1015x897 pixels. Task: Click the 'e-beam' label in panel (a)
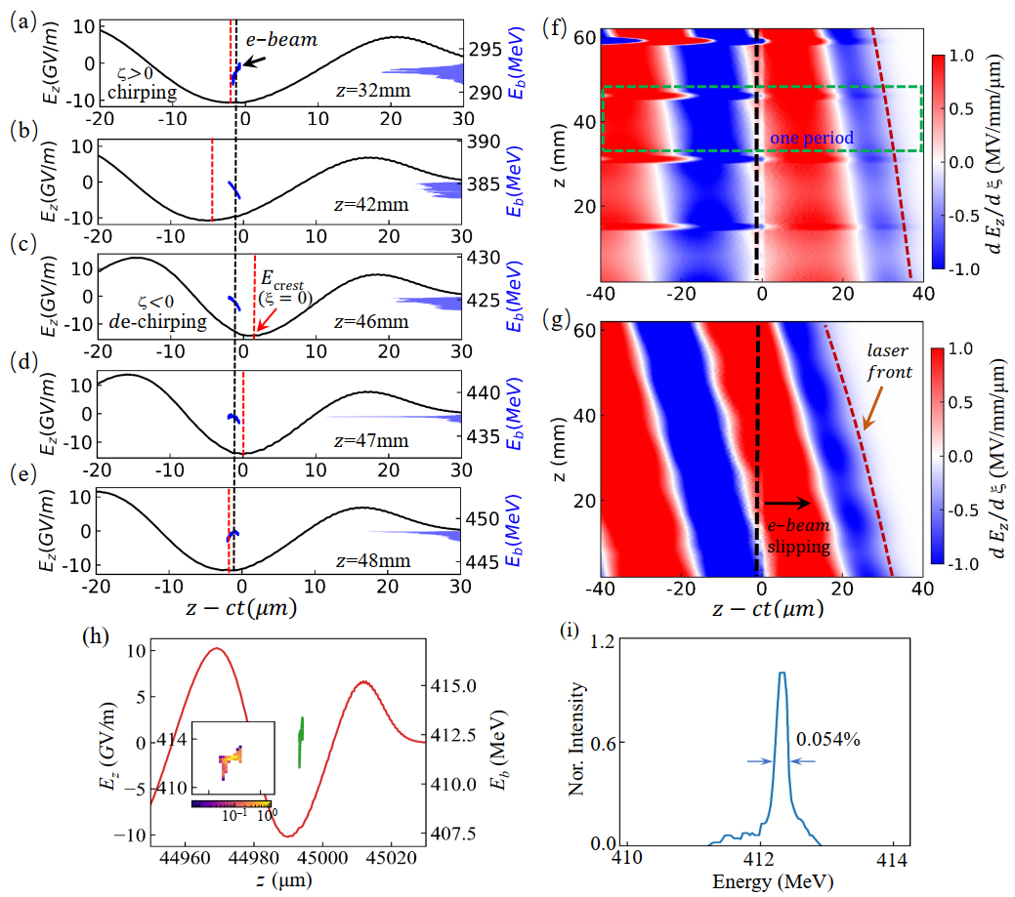(x=300, y=41)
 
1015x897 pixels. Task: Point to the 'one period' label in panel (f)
(x=812, y=140)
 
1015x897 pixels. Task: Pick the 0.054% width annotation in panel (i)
(x=828, y=740)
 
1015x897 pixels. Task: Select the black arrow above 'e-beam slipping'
(x=787, y=503)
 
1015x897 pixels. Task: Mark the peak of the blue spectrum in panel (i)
(x=782, y=673)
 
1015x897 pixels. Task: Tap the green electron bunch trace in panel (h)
(x=301, y=742)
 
